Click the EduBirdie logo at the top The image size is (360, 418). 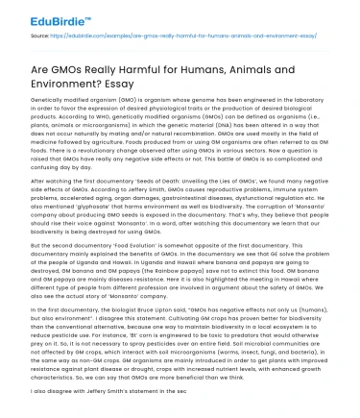coord(38,12)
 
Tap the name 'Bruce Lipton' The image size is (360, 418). coord(173,339)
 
